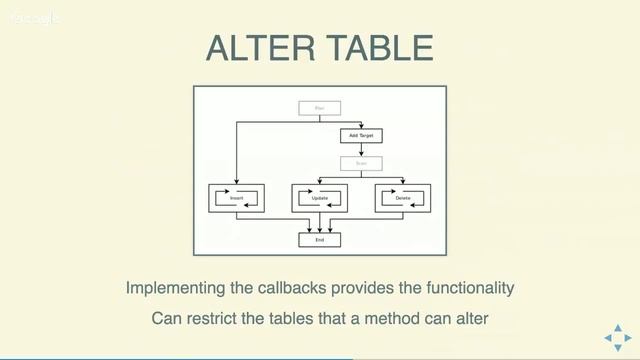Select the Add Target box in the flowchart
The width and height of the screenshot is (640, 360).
[x=360, y=135]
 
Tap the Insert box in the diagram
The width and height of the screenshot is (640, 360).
[x=237, y=198]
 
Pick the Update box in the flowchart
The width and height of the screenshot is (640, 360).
[x=320, y=198]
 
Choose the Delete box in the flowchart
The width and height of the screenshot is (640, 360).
[x=403, y=198]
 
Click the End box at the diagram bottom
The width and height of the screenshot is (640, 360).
[x=320, y=240]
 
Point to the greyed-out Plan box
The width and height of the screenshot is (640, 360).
[x=320, y=107]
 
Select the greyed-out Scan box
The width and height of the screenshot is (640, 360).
[x=360, y=163]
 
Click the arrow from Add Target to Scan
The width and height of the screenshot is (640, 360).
[x=360, y=149]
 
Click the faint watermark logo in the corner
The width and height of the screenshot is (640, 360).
[x=35, y=17]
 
